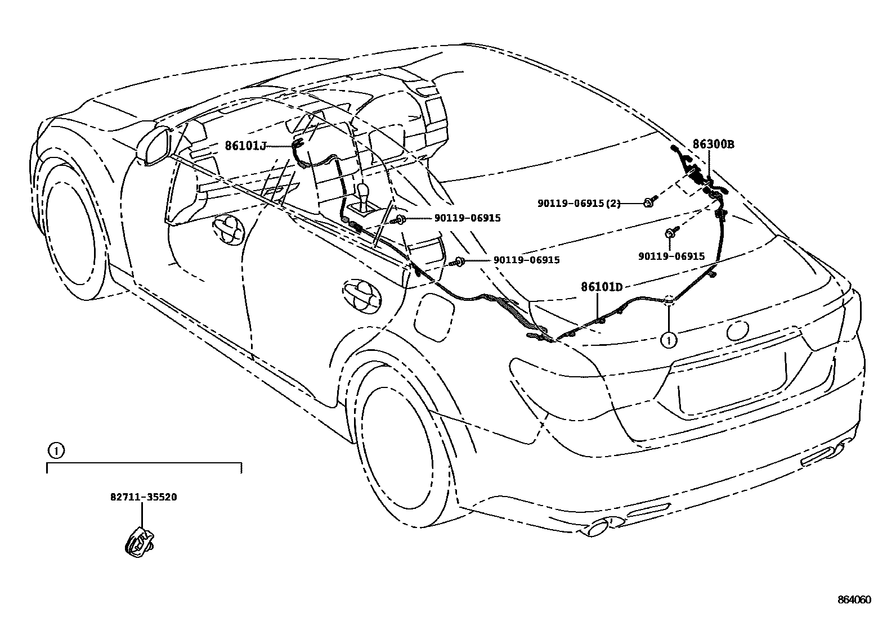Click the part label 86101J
tap(245, 146)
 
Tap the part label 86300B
tap(713, 144)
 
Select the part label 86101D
tap(602, 287)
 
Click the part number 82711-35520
tap(144, 497)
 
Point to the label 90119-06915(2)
tap(579, 204)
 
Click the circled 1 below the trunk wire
tap(669, 340)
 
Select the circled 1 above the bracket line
tap(55, 450)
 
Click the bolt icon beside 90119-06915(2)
tap(648, 202)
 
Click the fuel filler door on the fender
tap(434, 318)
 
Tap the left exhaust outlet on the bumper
tap(599, 527)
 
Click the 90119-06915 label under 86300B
tap(671, 256)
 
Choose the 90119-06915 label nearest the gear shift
tap(467, 218)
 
